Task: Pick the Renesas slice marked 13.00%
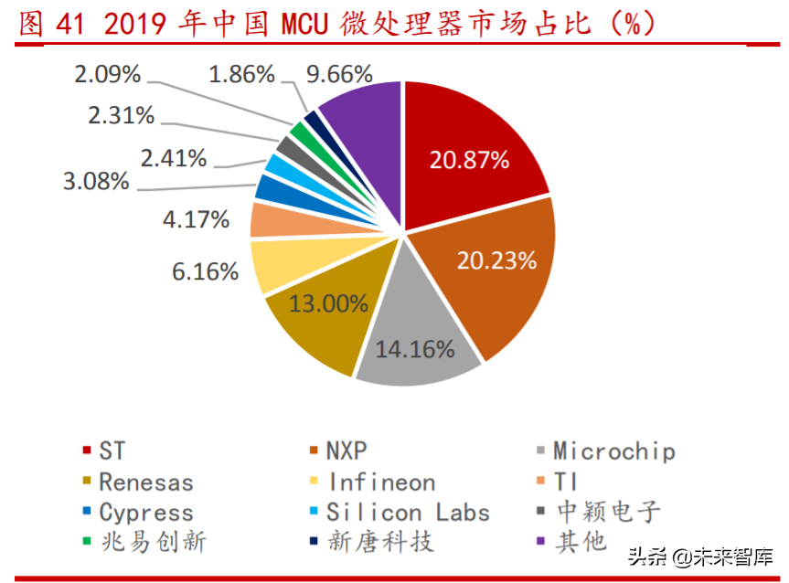pos(320,315)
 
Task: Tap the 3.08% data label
pos(96,181)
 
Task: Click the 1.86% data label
pos(242,74)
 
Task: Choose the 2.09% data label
pos(108,73)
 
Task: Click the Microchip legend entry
pos(613,451)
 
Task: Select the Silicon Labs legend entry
pos(408,512)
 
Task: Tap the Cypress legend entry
pos(146,512)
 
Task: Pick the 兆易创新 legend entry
pos(152,541)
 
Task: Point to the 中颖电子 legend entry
pos(607,512)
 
